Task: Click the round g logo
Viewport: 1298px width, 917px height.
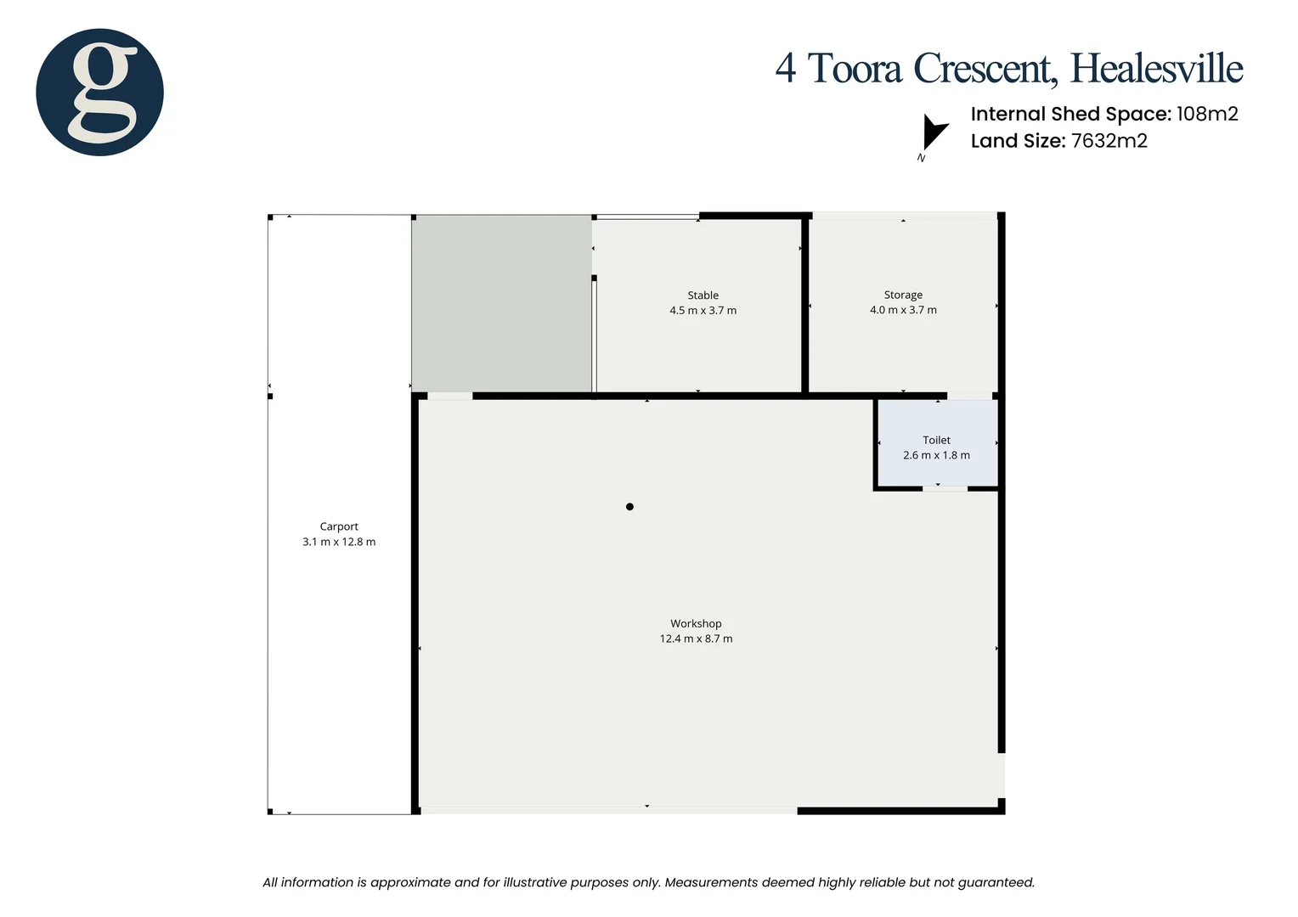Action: point(99,92)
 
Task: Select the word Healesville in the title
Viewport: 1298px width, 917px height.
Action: point(1156,69)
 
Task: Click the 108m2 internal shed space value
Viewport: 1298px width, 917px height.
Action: point(1207,114)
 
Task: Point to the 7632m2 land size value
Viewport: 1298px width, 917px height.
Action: point(1109,141)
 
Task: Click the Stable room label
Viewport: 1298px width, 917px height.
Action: point(703,295)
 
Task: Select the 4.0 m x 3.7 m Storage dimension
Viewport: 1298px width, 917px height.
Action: point(903,310)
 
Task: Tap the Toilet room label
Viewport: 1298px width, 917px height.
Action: point(936,440)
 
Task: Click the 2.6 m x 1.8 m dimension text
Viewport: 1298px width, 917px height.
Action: point(936,455)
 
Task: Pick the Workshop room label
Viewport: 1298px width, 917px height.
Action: point(696,623)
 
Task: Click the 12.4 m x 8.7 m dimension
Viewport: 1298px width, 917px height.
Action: point(696,639)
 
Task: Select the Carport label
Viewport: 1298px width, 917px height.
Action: point(339,526)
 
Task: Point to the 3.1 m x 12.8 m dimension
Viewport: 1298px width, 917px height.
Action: point(339,542)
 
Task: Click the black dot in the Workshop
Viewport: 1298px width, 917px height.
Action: point(629,507)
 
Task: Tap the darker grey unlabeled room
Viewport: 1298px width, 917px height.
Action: point(501,304)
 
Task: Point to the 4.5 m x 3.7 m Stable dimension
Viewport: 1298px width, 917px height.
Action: point(703,311)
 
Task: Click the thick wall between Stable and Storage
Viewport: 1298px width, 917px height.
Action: point(804,306)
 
